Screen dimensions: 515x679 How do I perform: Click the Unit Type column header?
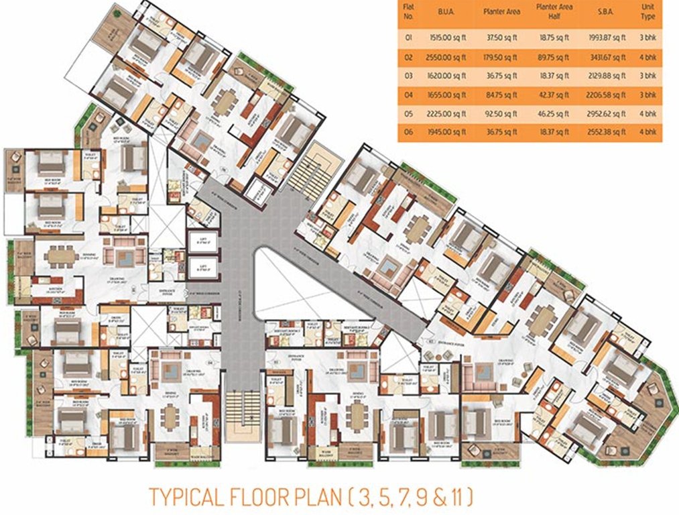(647, 11)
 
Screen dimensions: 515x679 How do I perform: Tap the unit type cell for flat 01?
(647, 38)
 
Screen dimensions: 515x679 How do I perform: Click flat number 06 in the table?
(408, 132)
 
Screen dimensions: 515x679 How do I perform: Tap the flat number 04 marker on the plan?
(209, 363)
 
